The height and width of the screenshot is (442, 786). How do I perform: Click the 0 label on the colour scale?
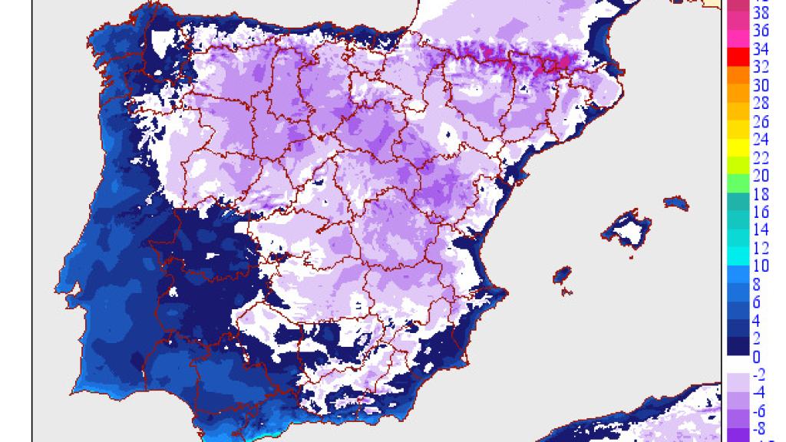click(756, 357)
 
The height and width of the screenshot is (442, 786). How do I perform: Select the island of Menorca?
click(675, 203)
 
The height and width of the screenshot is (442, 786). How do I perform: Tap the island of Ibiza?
click(564, 274)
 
